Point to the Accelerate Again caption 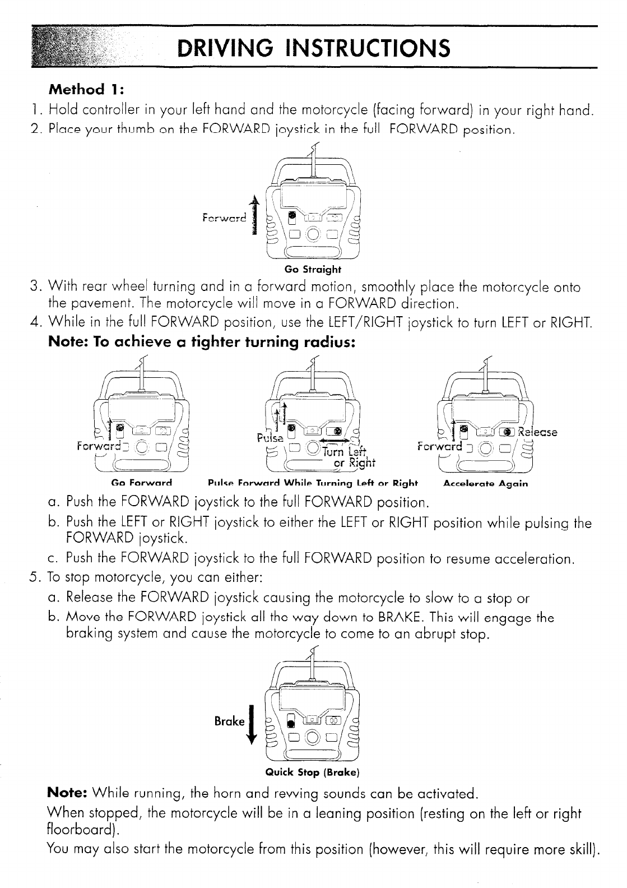[485, 483]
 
